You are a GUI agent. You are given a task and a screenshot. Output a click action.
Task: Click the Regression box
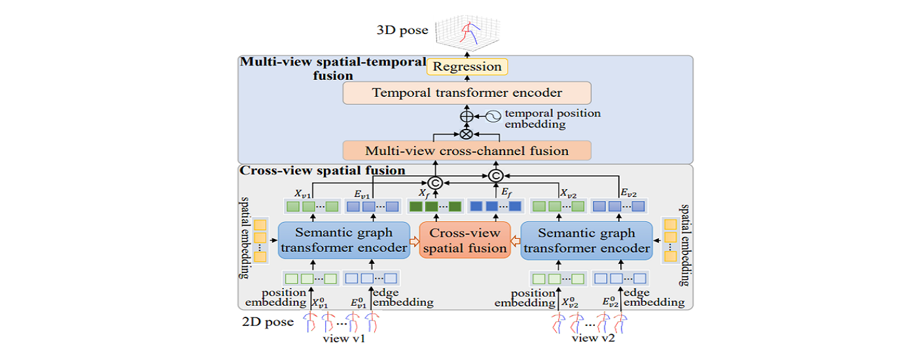pyautogui.click(x=467, y=67)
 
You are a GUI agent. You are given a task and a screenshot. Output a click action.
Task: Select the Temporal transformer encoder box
pyautogui.click(x=467, y=93)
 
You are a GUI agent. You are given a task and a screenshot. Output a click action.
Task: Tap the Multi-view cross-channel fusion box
pyautogui.click(x=467, y=151)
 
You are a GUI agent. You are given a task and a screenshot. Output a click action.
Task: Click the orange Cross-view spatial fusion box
pyautogui.click(x=464, y=240)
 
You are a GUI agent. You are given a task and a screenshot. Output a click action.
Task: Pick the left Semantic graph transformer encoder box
pyautogui.click(x=343, y=240)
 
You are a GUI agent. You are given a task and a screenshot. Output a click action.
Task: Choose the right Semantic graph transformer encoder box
pyautogui.click(x=586, y=240)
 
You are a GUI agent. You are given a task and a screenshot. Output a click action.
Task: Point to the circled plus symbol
pyautogui.click(x=467, y=117)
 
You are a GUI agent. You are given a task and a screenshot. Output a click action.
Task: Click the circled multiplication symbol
pyautogui.click(x=467, y=134)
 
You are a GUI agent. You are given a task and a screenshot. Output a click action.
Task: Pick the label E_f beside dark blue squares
pyautogui.click(x=506, y=193)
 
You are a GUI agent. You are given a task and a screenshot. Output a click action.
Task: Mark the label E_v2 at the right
pyautogui.click(x=628, y=193)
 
